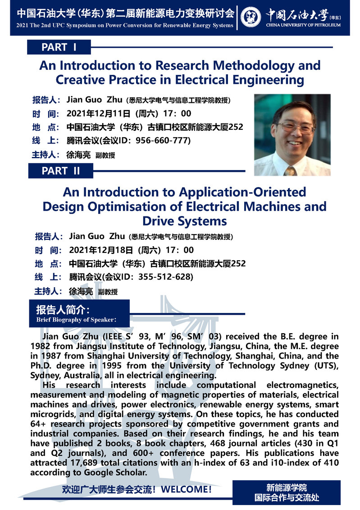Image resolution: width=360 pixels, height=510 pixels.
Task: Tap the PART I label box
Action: pos(59,47)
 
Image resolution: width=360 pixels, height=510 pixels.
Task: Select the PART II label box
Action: pos(60,171)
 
